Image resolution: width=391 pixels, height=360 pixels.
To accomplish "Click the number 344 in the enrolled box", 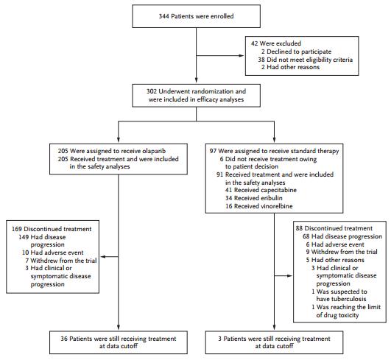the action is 163,16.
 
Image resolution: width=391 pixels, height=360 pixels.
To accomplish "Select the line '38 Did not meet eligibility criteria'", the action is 306,60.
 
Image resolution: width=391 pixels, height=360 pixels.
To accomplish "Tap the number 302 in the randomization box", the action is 152,91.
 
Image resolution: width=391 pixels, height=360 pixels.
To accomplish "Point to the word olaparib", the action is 154,152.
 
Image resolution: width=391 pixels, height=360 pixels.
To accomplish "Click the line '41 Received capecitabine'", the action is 261,190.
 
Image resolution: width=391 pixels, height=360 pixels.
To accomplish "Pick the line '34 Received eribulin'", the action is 254,198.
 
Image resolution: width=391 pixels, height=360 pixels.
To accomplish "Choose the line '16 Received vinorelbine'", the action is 259,206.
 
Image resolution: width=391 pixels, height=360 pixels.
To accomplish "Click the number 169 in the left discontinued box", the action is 17,229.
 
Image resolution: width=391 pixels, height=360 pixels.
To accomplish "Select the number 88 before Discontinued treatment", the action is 299,228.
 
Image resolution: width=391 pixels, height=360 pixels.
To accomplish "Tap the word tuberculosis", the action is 341,299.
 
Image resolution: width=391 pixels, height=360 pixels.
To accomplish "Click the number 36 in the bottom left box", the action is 64,339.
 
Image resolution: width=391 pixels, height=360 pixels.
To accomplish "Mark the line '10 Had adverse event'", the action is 52,253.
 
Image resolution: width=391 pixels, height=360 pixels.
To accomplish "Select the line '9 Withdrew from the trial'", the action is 342,252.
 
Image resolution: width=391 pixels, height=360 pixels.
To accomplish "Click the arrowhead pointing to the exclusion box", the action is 242,56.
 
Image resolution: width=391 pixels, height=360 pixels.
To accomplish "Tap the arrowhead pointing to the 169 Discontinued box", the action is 103,256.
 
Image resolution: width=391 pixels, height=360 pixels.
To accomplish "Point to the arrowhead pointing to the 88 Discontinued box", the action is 289,276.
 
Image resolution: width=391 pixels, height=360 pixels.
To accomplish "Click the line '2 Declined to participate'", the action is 297,52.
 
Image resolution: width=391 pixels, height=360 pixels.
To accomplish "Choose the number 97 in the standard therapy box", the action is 213,152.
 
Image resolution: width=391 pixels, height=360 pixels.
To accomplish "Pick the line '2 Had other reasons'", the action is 291,67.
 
